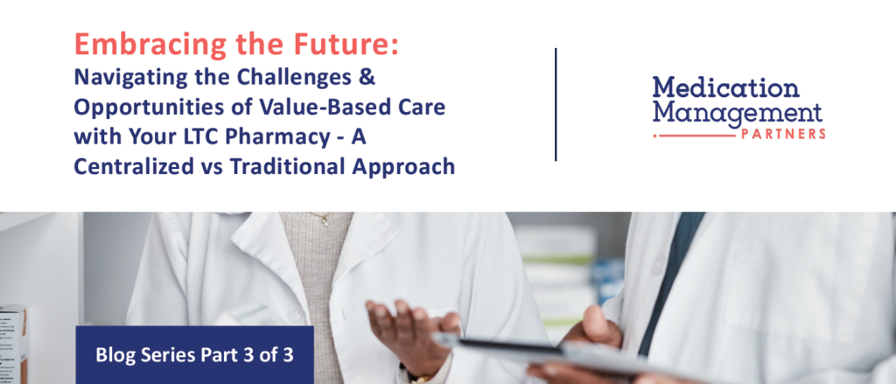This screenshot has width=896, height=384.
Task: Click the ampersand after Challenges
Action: point(368,77)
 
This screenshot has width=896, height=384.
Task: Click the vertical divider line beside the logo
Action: point(556,105)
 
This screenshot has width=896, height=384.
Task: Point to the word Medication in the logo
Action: point(725,88)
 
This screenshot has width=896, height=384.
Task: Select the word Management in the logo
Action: point(738,113)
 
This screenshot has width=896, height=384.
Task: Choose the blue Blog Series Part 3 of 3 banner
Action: point(194,355)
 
